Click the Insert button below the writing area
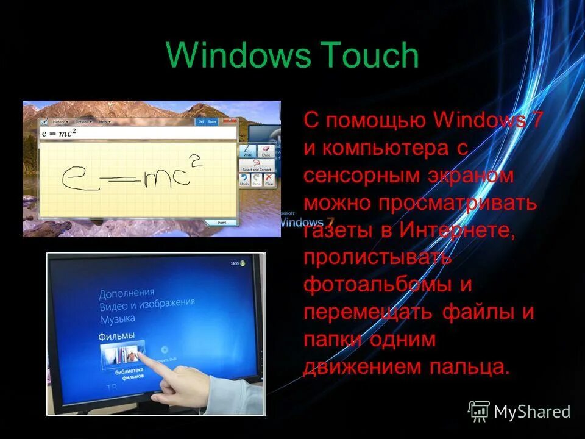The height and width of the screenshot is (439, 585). point(222,223)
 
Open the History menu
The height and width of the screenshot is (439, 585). point(60,122)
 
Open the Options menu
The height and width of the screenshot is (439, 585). point(83,122)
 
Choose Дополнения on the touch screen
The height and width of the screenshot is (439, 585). point(127,293)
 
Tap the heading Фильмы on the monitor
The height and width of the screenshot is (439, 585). point(116,336)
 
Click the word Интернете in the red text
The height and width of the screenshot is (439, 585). point(457,230)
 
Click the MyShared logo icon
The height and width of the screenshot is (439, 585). point(479,411)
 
